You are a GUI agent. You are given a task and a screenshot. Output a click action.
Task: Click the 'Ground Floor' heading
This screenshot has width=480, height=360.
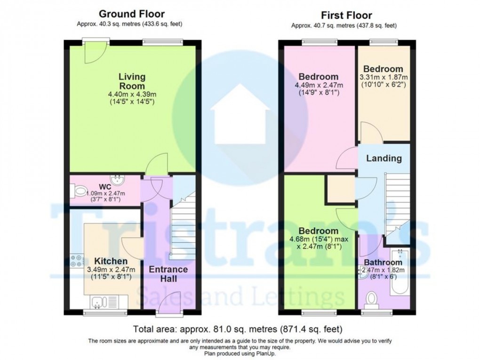132,15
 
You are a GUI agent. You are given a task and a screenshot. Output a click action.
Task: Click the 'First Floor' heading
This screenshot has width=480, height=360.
347,16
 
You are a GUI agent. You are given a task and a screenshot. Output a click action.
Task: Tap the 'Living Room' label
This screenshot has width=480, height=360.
132,81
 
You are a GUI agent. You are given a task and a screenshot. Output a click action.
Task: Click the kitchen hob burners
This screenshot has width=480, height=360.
76,260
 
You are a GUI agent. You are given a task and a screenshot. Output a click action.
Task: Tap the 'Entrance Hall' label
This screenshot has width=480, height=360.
168,274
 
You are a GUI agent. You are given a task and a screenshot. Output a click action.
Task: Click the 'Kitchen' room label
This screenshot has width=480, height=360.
111,261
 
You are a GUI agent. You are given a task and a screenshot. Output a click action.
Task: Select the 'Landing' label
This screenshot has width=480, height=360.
384,159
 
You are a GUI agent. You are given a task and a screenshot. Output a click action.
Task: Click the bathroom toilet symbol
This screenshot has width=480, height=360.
372,298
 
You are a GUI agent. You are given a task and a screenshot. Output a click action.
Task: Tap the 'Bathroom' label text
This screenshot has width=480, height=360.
385,262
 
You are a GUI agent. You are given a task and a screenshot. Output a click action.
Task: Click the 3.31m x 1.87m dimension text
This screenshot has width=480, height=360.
384,77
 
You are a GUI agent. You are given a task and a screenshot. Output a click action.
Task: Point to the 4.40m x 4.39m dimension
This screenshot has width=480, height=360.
132,94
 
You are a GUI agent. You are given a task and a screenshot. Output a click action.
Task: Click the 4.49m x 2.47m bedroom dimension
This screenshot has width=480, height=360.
319,85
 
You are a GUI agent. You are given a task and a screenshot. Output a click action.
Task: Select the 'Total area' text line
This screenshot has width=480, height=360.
238,328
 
